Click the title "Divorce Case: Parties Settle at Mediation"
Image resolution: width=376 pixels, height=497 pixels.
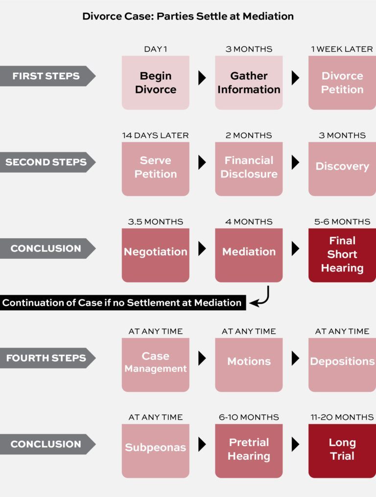click(188, 16)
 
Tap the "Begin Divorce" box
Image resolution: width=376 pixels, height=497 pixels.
click(155, 83)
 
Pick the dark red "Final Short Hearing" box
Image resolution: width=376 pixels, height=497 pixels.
click(342, 255)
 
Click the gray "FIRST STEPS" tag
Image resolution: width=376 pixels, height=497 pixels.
click(47, 76)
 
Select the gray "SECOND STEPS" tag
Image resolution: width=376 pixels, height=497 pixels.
click(47, 162)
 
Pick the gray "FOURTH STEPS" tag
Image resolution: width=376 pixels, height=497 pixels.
click(47, 358)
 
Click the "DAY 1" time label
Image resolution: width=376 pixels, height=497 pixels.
click(155, 49)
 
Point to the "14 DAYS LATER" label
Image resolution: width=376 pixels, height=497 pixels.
click(155, 136)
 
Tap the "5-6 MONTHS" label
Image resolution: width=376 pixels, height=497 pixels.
click(342, 222)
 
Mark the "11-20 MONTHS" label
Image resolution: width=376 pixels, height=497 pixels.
click(342, 417)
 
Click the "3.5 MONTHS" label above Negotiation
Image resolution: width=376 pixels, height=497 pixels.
click(155, 222)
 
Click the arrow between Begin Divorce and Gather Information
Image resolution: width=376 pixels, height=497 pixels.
click(202, 78)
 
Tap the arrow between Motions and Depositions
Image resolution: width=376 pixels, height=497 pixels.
click(295, 359)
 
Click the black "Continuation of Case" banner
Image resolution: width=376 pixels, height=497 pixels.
click(122, 303)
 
